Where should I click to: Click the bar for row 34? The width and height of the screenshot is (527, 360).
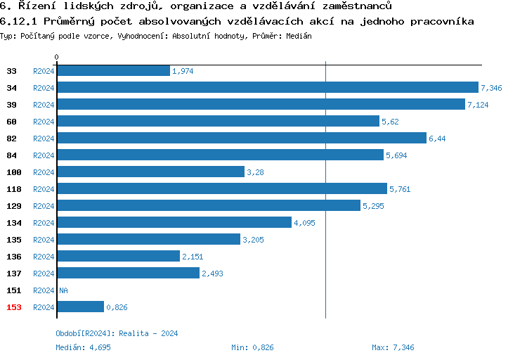click(x=267, y=88)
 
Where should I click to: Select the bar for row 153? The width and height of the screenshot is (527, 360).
click(x=80, y=307)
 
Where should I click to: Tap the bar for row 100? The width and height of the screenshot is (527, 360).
click(x=150, y=172)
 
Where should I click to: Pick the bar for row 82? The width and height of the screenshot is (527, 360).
click(x=241, y=139)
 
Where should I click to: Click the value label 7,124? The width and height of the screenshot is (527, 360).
click(x=478, y=105)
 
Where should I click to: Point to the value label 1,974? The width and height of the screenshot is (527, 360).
click(x=183, y=71)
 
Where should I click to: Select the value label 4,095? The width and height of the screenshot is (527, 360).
click(x=305, y=223)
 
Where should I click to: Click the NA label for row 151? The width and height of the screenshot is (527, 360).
click(x=63, y=290)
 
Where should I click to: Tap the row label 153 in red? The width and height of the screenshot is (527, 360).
click(x=14, y=307)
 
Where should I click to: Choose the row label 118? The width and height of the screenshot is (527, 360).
click(x=14, y=189)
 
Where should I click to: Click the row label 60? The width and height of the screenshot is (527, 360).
click(x=12, y=122)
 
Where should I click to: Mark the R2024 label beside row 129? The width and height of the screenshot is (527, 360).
click(x=44, y=206)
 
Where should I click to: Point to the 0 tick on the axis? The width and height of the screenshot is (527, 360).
click(x=57, y=57)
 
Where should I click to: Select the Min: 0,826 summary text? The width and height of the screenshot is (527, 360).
click(x=252, y=347)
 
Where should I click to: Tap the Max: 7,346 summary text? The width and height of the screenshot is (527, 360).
click(x=393, y=347)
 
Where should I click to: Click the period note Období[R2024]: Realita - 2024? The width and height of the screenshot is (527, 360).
click(x=117, y=333)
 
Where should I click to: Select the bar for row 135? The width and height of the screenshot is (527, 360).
click(x=148, y=240)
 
